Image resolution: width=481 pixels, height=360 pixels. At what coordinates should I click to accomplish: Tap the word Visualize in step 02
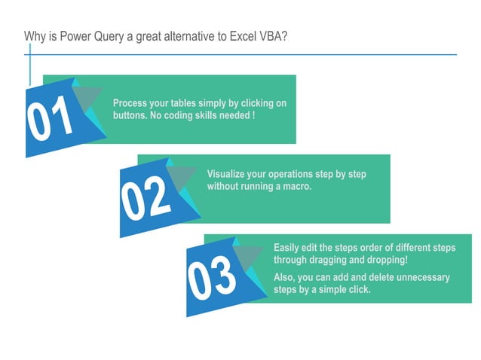(227, 174)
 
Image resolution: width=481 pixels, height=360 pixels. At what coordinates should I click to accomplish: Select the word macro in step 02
(295, 186)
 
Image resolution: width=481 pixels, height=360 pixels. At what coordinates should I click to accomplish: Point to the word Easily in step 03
(286, 248)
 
